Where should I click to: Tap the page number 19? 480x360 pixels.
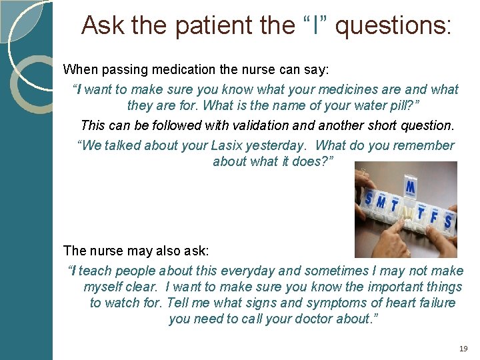(464, 349)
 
